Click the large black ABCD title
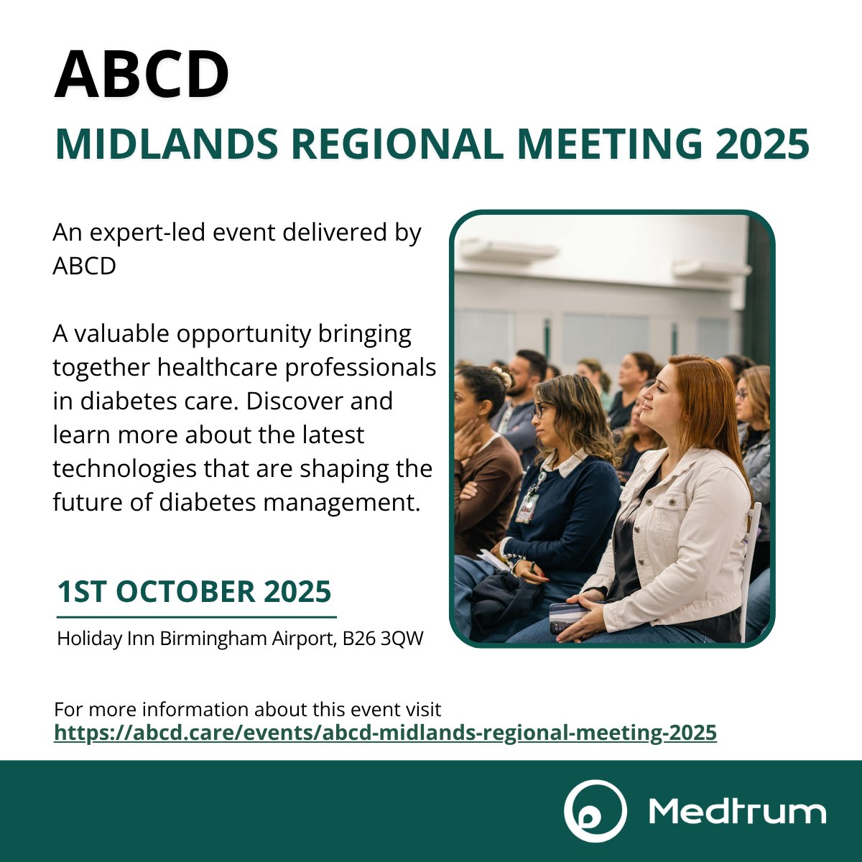(x=142, y=75)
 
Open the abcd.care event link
(x=385, y=733)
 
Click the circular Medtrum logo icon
(x=595, y=811)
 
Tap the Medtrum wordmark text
(x=736, y=812)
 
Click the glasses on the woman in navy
(x=539, y=409)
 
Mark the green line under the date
(x=196, y=616)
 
